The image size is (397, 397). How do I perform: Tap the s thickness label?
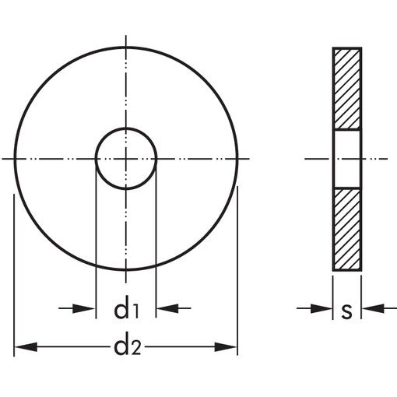(347, 311)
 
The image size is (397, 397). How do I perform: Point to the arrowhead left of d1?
(84, 308)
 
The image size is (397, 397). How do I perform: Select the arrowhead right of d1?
(167, 308)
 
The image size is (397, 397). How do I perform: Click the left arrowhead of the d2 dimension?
(26, 347)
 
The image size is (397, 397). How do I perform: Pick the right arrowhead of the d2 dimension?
(226, 347)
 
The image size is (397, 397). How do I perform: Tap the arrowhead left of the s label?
(321, 308)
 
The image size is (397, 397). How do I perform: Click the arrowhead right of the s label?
(373, 308)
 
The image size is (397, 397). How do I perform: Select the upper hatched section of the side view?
(347, 89)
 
